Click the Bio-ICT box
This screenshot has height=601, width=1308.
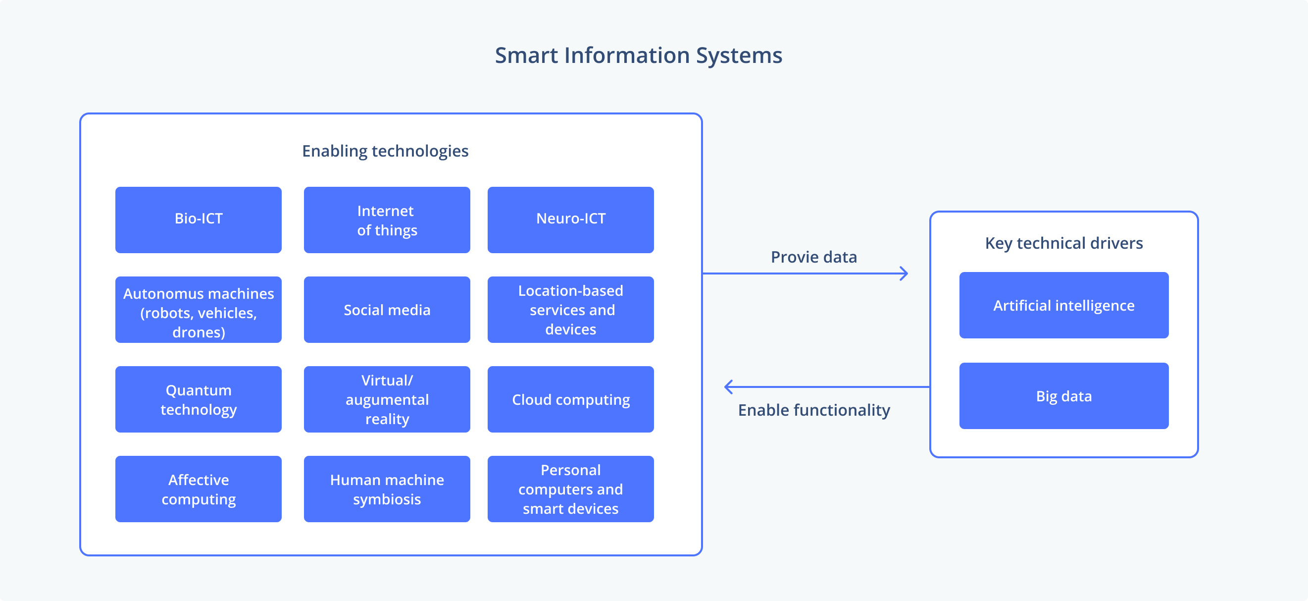(198, 219)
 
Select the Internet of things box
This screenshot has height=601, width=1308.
(387, 219)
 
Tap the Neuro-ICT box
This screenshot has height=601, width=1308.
(570, 219)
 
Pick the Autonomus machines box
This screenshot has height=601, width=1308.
(198, 309)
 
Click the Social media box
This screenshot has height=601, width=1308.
(387, 309)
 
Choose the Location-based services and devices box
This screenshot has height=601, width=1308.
(570, 309)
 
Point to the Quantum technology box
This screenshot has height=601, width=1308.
(198, 399)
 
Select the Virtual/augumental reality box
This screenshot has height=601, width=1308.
(387, 399)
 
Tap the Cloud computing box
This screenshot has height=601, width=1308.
(570, 399)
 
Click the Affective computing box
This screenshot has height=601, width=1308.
(198, 489)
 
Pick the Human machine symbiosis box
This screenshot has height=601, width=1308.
(387, 489)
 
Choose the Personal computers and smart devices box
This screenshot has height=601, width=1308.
(570, 489)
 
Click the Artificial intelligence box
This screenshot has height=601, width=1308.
(1064, 305)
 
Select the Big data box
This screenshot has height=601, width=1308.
(1064, 396)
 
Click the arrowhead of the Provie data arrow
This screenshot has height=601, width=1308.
(905, 273)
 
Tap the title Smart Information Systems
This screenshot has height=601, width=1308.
(638, 55)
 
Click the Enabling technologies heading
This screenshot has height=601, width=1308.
(385, 151)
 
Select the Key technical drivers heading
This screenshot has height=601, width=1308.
(1064, 243)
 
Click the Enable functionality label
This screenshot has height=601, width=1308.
(813, 410)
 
